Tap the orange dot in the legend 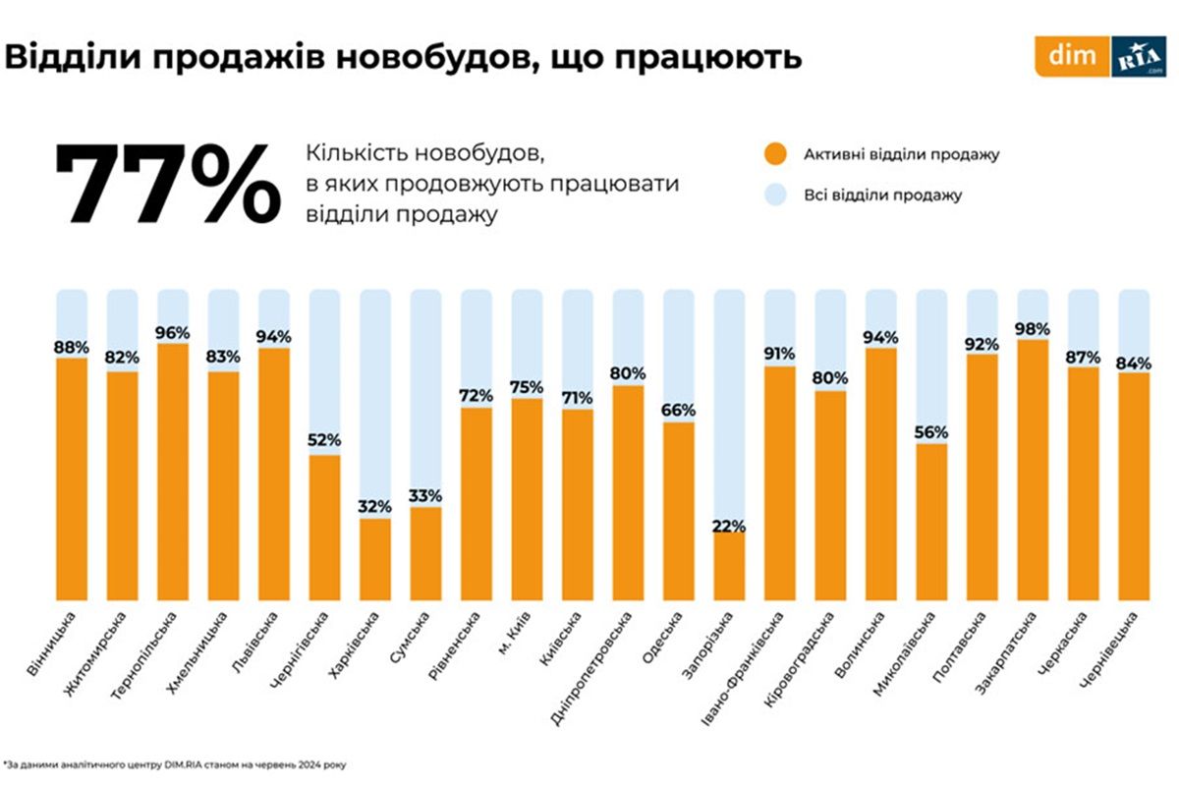click(x=775, y=154)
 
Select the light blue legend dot click(x=775, y=195)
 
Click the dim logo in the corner click(x=1072, y=57)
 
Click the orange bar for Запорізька click(x=728, y=567)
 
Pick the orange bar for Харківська click(x=374, y=558)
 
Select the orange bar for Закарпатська click(x=1033, y=470)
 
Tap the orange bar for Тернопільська click(x=173, y=472)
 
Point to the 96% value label click(x=173, y=332)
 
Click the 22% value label click(x=728, y=525)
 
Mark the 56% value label click(x=930, y=432)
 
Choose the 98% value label click(x=1033, y=328)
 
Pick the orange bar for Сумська click(x=425, y=553)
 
